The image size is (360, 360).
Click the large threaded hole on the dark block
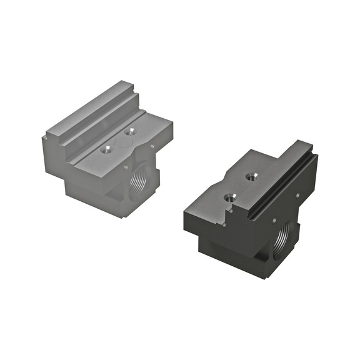click(284, 237)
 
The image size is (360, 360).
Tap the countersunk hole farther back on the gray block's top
click(130, 132)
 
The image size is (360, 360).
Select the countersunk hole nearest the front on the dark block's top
click(229, 197)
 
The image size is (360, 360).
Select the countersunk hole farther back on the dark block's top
click(251, 177)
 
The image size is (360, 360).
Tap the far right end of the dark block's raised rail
click(311, 150)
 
